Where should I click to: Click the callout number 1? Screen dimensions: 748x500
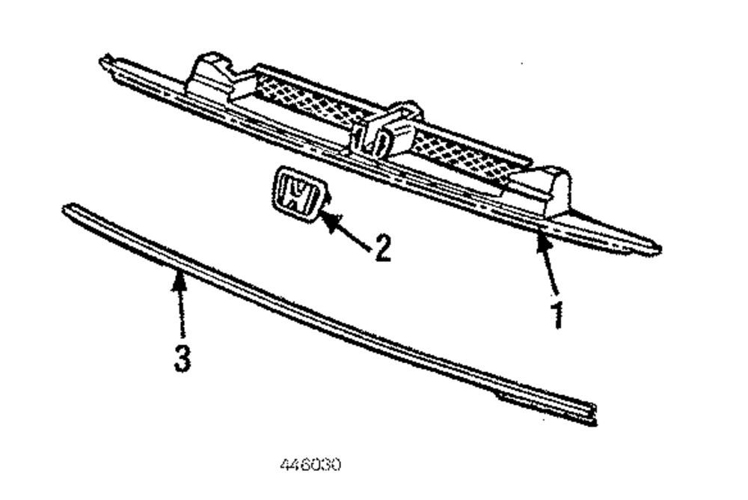pos(557,314)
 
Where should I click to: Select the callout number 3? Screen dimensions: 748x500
pos(182,357)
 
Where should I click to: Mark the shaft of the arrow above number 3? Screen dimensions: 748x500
pos(180,311)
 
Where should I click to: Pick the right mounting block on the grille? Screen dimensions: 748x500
pos(544,190)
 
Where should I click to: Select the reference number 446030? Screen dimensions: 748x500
pos(310,465)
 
